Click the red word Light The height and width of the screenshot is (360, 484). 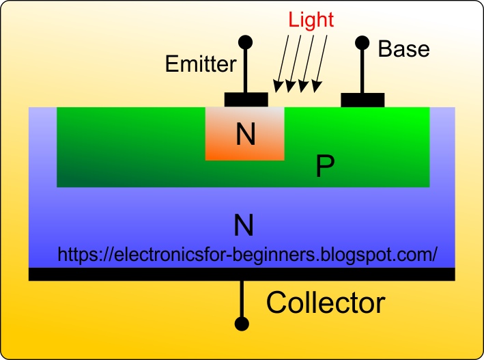click(x=311, y=19)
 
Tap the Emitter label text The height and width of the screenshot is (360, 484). click(x=201, y=64)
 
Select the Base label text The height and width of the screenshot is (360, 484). click(x=403, y=49)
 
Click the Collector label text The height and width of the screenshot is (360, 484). click(x=326, y=303)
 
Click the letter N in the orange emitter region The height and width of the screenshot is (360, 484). click(x=245, y=135)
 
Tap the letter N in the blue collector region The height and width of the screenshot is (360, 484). click(x=244, y=224)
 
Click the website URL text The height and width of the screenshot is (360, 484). click(x=247, y=255)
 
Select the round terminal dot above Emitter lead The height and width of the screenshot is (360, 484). click(x=246, y=42)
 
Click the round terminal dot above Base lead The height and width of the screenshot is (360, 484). click(x=362, y=42)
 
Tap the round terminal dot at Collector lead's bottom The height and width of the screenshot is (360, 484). click(x=241, y=323)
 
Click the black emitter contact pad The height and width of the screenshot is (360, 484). click(x=246, y=100)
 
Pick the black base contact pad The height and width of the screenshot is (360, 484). click(x=362, y=100)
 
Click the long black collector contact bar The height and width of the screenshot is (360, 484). click(x=241, y=274)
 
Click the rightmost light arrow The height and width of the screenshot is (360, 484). click(x=321, y=61)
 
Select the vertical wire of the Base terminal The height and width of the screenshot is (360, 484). click(x=362, y=71)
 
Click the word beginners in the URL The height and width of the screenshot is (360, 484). click(x=276, y=255)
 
